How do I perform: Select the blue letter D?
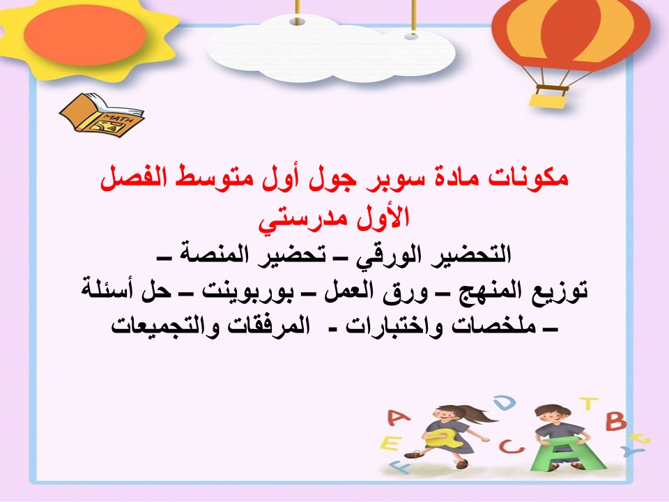coord(507,403)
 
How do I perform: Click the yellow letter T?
coord(589,404)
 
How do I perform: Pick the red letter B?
coord(616,421)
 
